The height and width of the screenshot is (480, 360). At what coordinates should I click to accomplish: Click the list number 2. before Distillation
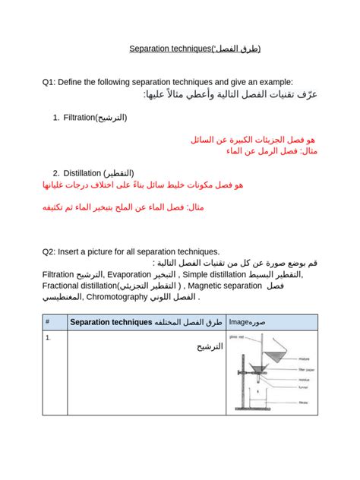point(57,172)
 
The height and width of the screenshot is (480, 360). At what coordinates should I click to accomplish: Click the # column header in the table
point(48,322)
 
